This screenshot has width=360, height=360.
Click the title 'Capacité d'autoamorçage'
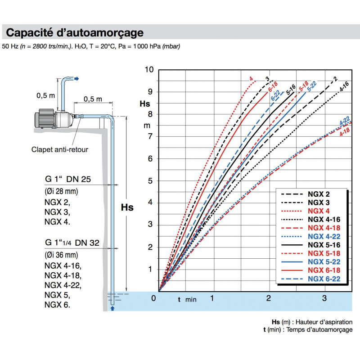[x=75, y=33]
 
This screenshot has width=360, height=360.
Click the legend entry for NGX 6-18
[x=324, y=270]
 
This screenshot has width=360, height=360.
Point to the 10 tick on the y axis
[x=149, y=69]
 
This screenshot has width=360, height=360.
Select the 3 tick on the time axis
[x=324, y=298]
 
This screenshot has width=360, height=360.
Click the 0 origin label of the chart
[x=153, y=298]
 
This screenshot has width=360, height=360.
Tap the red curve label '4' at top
[x=251, y=79]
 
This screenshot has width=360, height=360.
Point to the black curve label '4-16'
[x=344, y=86]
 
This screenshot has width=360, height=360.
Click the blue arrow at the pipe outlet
[x=76, y=79]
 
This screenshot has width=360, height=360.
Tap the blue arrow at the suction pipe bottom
[x=112, y=308]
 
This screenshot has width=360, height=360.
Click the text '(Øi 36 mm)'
[x=61, y=254]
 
